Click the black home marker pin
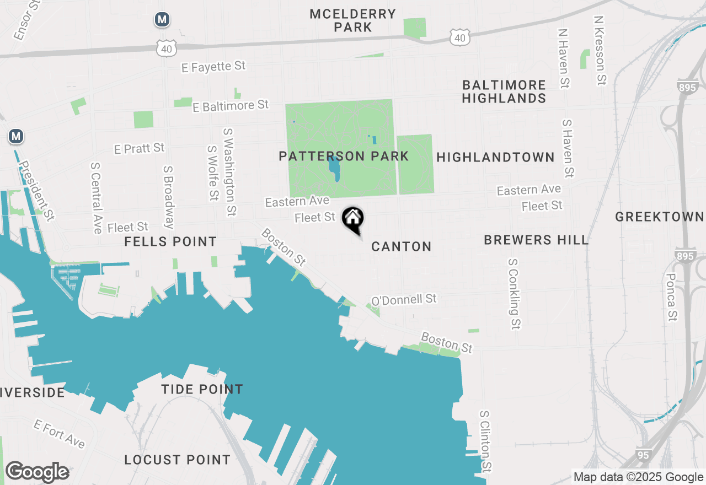[353, 219]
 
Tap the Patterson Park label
[344, 157]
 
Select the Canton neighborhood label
[401, 246]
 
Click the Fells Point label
[170, 242]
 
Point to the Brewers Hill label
[536, 240]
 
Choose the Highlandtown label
[495, 158]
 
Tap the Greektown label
[660, 217]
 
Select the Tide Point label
[202, 390]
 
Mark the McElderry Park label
[352, 20]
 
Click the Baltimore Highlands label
[504, 92]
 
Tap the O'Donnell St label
[404, 300]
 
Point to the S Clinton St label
[485, 441]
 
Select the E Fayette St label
[213, 67]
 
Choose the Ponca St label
[671, 297]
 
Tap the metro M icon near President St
[16, 136]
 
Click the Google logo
[37, 472]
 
